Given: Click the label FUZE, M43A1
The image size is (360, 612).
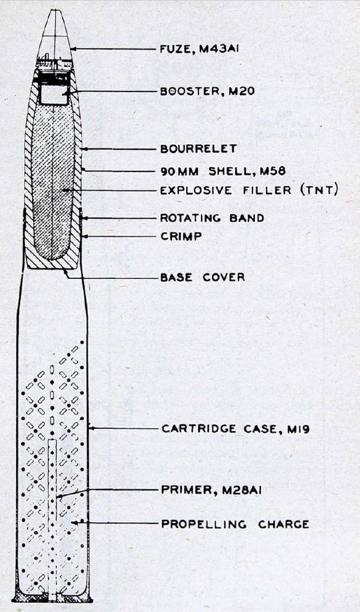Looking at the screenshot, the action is click(199, 49).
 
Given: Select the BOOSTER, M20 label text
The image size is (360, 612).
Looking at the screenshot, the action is click(208, 91).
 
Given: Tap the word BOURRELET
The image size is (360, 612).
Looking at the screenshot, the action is click(198, 149).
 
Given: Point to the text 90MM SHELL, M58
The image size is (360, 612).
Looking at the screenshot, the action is click(223, 171).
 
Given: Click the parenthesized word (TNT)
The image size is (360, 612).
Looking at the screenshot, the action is click(319, 190).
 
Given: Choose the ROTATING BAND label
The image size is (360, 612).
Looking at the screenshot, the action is click(212, 218).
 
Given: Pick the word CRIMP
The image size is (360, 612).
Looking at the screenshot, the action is click(181, 236).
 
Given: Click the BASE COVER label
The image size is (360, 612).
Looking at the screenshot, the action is click(203, 277).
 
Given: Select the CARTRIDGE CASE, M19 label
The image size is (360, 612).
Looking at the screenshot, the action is click(235, 429).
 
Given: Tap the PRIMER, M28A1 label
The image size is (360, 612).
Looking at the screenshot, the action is click(211, 490).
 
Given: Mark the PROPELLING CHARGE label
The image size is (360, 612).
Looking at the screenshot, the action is click(235, 524).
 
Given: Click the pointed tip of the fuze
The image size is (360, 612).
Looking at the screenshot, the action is click(55, 10).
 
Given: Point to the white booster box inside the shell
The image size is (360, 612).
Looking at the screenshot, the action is click(54, 94).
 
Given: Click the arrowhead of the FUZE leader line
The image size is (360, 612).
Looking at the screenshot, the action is click(73, 49).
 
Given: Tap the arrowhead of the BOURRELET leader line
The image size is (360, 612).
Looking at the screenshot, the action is click(84, 149).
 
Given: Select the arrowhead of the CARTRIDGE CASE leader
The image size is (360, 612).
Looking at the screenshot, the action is click(91, 428).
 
